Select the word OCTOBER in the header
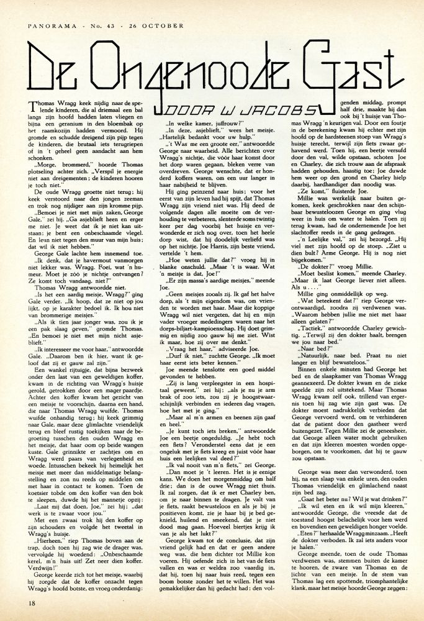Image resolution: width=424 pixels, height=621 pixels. tap(163, 25)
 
